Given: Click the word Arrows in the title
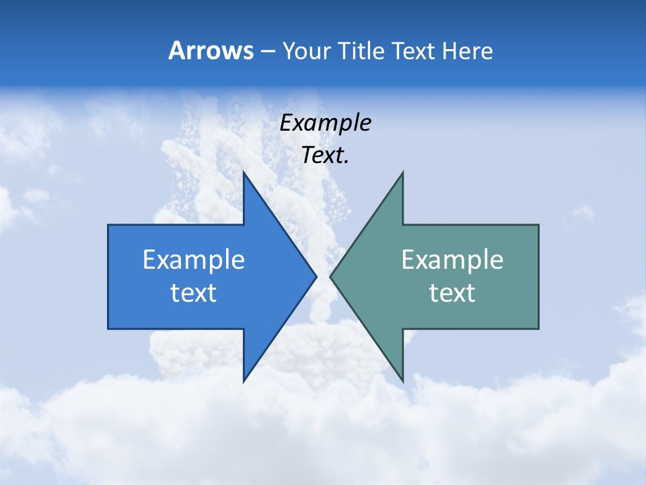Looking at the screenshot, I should (x=211, y=51).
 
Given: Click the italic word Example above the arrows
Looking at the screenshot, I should (x=325, y=123).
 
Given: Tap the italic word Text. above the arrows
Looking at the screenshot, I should (x=325, y=156).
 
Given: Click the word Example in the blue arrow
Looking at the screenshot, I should (x=194, y=259).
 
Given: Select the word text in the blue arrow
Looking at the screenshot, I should (x=194, y=293).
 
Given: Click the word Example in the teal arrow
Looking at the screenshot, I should (x=452, y=259).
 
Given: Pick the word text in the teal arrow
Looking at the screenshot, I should (x=452, y=293).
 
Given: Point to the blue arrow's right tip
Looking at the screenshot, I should (x=316, y=276).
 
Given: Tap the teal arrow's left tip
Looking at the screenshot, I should (x=330, y=276).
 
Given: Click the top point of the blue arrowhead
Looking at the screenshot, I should (x=244, y=172).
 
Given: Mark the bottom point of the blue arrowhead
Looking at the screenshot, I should (x=244, y=381).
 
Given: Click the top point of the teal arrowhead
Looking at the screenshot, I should (x=402, y=172).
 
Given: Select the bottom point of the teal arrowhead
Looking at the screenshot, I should (x=402, y=381).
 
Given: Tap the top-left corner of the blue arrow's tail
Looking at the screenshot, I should (x=108, y=225).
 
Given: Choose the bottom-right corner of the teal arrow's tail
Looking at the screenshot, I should (x=538, y=329).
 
